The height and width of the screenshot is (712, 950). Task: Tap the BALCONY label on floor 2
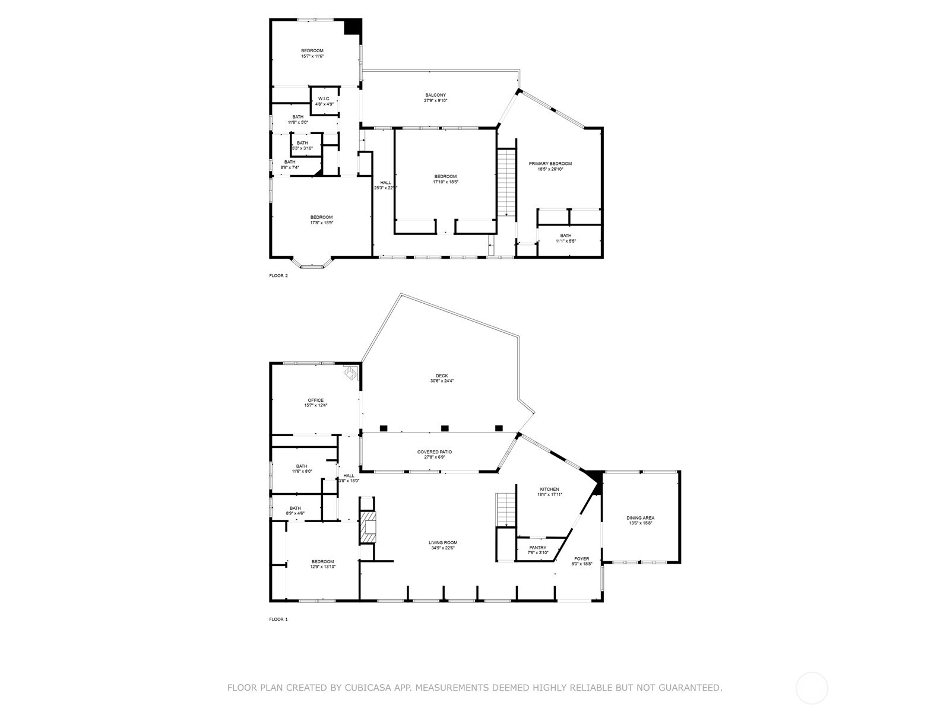coord(435,95)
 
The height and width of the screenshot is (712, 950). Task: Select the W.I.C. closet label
coord(324,98)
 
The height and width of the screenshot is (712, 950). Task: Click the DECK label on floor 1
coord(442,376)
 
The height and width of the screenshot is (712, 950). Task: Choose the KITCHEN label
coord(549,490)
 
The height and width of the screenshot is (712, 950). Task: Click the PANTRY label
coord(537,548)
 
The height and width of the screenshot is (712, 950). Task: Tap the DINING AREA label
coord(640,518)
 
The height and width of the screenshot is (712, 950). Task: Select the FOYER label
coord(581,559)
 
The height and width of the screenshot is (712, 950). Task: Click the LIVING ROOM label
coord(443,543)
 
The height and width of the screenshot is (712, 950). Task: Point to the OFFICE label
coord(315,401)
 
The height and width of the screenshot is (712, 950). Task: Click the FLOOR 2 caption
coord(278,275)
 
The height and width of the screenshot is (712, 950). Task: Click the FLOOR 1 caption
coord(278,619)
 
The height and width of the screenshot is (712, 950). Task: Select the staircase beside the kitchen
coord(505,509)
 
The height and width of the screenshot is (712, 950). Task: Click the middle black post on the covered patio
coord(445,428)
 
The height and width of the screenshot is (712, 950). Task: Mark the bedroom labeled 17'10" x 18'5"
coord(445,176)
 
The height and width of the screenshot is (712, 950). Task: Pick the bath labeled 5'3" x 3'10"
coord(302,143)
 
